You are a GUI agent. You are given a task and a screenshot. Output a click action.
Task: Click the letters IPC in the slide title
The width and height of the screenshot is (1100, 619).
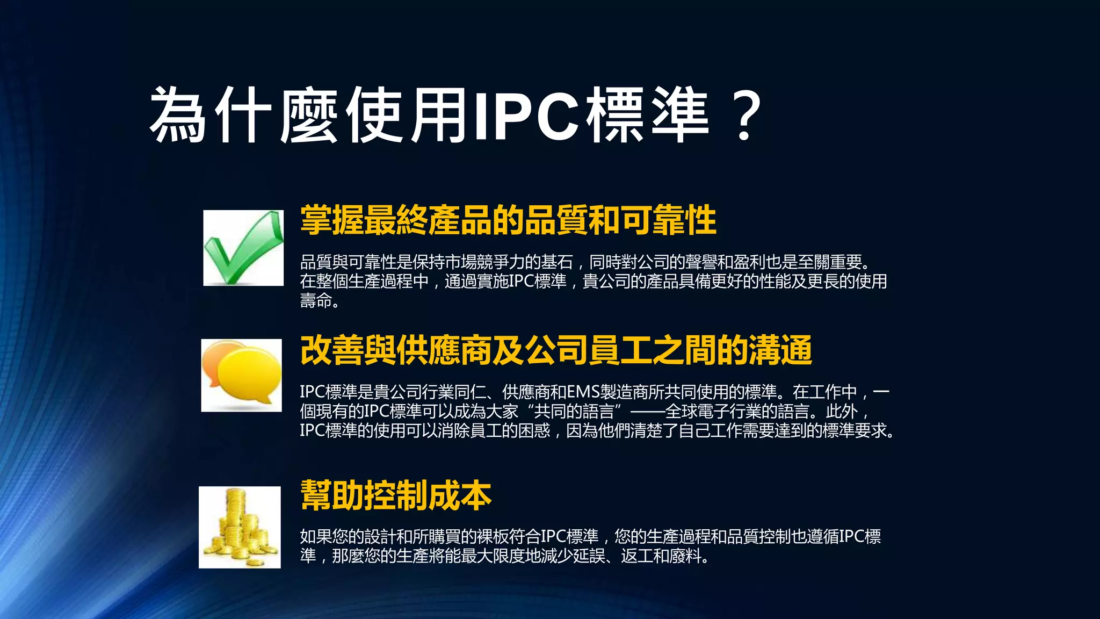(526, 116)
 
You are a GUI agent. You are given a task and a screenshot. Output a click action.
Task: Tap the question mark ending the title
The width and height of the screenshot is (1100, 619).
(744, 116)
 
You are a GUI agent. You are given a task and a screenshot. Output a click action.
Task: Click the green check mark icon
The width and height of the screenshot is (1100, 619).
(243, 248)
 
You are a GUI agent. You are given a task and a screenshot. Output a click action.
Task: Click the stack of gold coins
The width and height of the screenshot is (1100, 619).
(240, 527)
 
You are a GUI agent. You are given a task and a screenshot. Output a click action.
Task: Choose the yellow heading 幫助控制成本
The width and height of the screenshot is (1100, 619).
(396, 495)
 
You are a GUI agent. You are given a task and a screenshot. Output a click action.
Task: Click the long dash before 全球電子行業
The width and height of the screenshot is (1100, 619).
(647, 412)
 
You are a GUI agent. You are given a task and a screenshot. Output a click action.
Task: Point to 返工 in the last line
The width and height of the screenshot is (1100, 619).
(636, 556)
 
